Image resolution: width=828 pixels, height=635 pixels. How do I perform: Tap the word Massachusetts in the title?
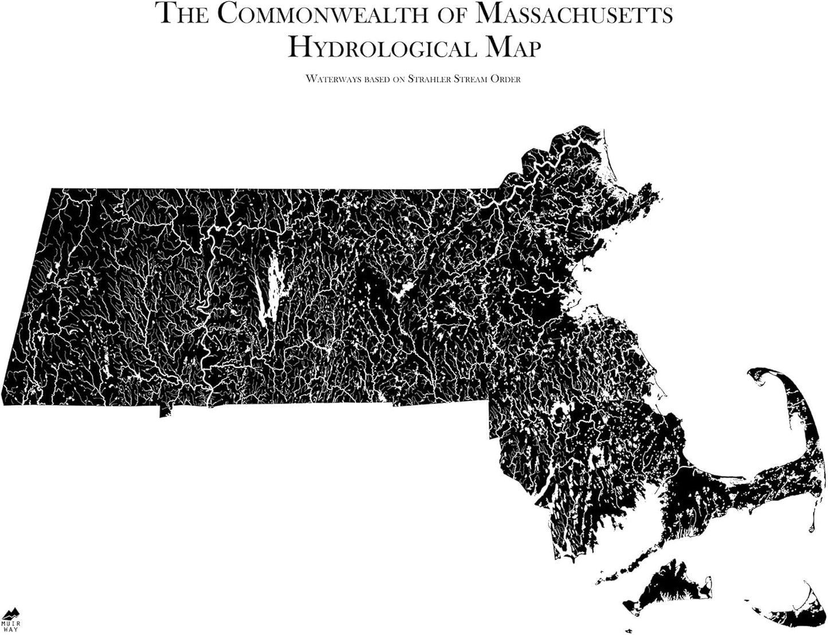click(574, 14)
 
